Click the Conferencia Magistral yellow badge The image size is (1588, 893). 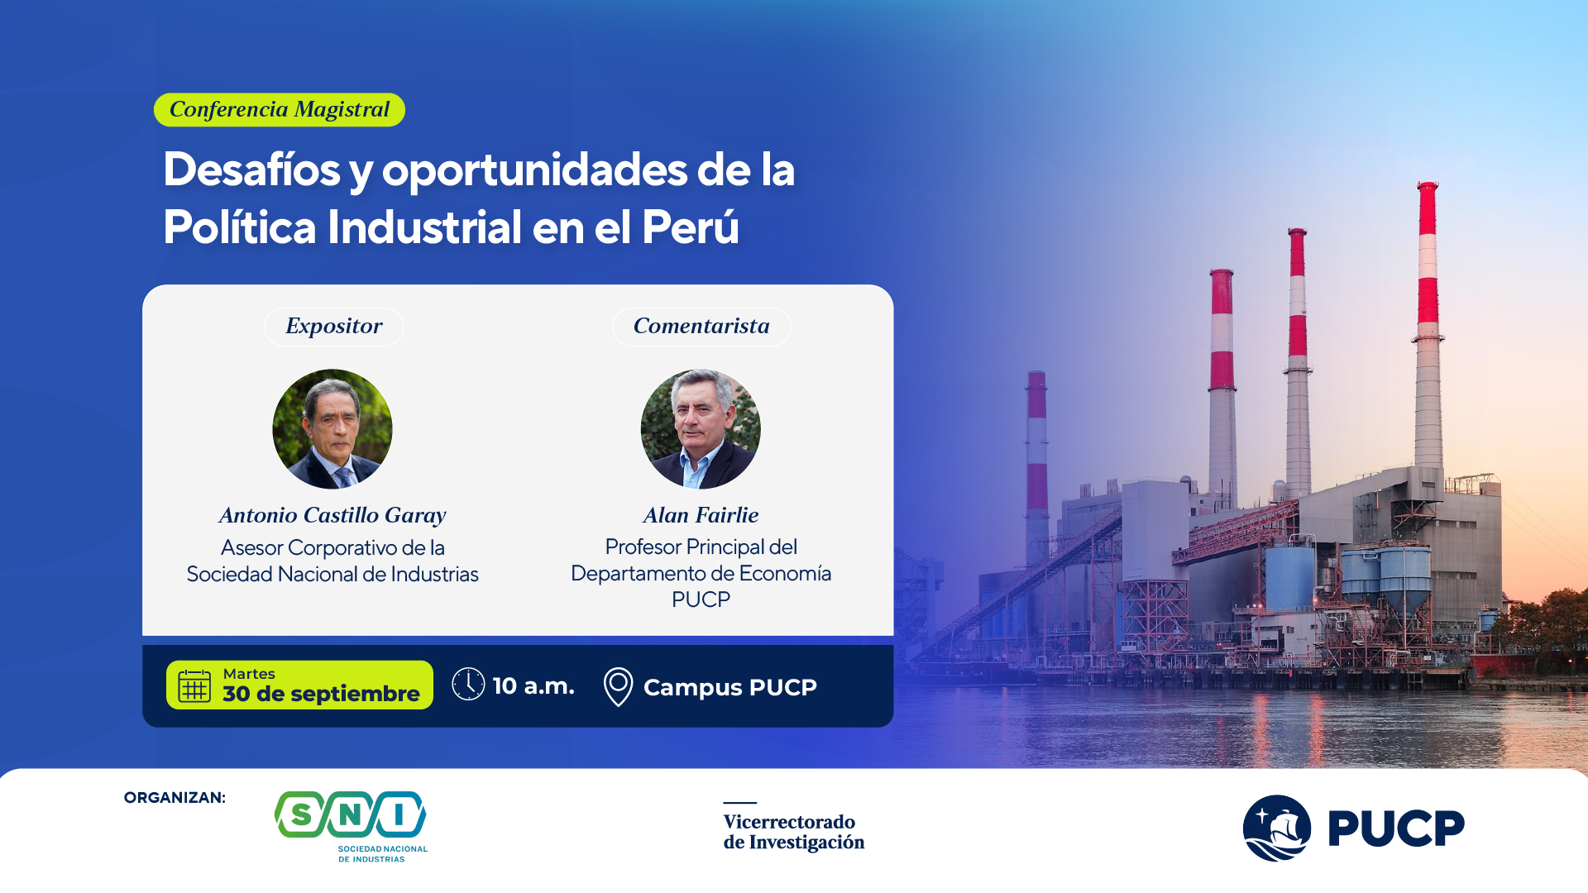pyautogui.click(x=280, y=109)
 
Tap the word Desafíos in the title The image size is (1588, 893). pyautogui.click(x=251, y=170)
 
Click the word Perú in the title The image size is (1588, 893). pyautogui.click(x=690, y=227)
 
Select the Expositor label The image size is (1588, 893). pyautogui.click(x=334, y=327)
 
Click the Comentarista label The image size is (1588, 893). pyautogui.click(x=701, y=327)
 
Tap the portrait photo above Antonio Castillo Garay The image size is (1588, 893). pyautogui.click(x=332, y=428)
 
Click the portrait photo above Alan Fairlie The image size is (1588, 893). pyautogui.click(x=701, y=428)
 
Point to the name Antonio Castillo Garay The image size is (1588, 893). pyautogui.click(x=332, y=515)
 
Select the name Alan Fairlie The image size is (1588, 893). pyautogui.click(x=701, y=515)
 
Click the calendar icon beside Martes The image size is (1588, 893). pyautogui.click(x=195, y=685)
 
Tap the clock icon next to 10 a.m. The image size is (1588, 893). pyautogui.click(x=468, y=685)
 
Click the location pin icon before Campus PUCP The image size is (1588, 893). pyautogui.click(x=618, y=687)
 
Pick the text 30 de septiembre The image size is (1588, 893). pyautogui.click(x=321, y=694)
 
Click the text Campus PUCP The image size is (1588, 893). pyautogui.click(x=730, y=687)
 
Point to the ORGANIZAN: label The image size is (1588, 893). pyautogui.click(x=175, y=798)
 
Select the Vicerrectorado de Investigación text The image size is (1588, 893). pyautogui.click(x=794, y=832)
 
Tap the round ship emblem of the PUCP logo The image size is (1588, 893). pyautogui.click(x=1277, y=828)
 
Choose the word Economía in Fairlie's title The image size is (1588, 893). pyautogui.click(x=785, y=573)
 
